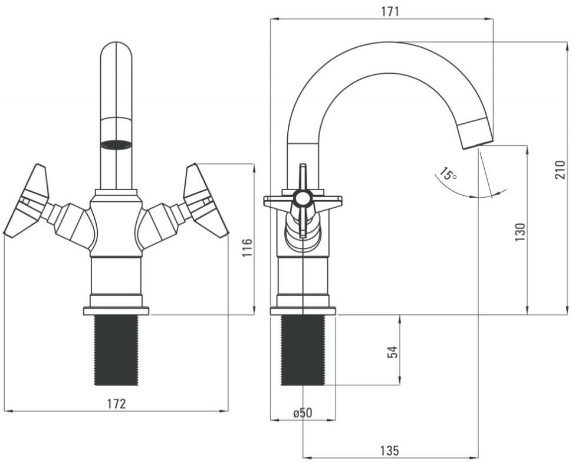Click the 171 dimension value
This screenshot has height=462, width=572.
(390, 11)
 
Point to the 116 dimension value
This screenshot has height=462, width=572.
(247, 247)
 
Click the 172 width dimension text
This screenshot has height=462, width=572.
(116, 404)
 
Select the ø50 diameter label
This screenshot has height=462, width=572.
(302, 413)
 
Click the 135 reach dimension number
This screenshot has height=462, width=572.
(389, 451)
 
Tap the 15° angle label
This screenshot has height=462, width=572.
(447, 175)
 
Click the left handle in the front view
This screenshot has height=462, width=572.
(28, 201)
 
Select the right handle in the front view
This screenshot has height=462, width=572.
(205, 201)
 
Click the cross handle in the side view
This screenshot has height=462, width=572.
(303, 201)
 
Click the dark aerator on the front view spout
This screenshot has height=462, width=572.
(116, 145)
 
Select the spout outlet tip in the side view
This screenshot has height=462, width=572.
(476, 133)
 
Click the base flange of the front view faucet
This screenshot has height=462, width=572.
(116, 310)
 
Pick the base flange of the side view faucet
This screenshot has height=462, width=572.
(303, 310)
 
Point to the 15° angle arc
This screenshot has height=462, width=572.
(472, 195)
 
